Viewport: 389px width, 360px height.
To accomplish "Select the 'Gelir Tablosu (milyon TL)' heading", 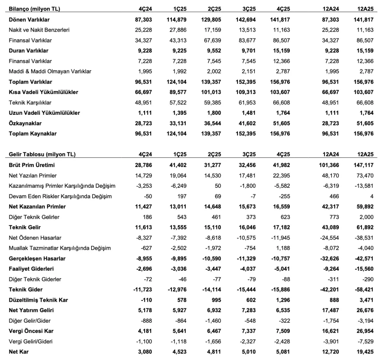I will click(42, 154).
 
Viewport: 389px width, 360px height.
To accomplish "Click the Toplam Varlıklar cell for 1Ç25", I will click(176, 82).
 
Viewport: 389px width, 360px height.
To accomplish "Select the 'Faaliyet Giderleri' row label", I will click(31, 269).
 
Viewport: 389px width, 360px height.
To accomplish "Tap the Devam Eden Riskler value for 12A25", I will click(372, 197).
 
